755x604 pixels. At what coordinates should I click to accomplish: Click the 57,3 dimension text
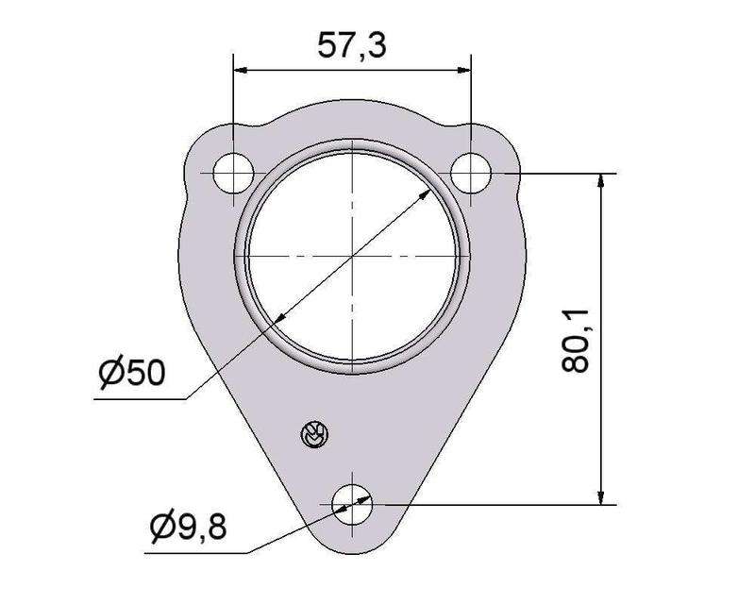tap(351, 45)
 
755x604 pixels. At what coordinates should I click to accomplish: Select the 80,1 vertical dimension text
tap(575, 341)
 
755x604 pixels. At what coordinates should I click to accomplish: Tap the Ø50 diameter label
tap(132, 372)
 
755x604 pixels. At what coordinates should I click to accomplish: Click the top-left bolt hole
tap(233, 173)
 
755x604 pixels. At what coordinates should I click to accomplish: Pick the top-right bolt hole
tap(471, 173)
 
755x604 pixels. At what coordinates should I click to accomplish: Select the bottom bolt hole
tap(352, 505)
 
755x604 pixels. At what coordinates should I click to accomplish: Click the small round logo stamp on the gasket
tap(314, 434)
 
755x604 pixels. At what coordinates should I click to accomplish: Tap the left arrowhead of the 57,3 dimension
tap(241, 71)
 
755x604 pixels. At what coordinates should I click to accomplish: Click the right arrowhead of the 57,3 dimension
tap(463, 71)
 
